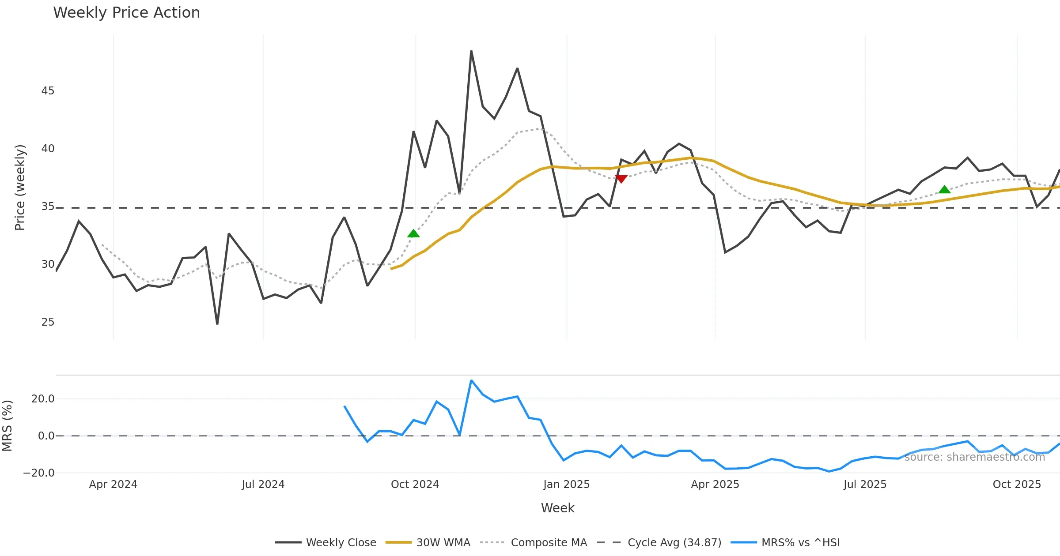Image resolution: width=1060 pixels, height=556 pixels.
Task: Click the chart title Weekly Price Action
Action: click(126, 13)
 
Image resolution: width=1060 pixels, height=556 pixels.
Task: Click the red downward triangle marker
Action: click(621, 179)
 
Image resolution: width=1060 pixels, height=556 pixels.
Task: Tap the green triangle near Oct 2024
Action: click(413, 233)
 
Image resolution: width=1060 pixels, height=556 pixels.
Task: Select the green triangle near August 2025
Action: click(944, 189)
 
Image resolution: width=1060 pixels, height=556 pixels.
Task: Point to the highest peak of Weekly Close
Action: click(471, 51)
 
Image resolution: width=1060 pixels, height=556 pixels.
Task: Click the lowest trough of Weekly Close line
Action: click(217, 324)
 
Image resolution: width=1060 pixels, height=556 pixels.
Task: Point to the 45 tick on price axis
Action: click(48, 91)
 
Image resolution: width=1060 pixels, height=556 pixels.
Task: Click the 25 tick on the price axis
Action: click(48, 322)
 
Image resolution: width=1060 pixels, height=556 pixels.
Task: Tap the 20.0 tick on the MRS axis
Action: click(43, 399)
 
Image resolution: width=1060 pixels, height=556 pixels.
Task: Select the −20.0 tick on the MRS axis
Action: click(39, 473)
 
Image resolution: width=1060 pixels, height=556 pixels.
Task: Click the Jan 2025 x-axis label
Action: click(566, 485)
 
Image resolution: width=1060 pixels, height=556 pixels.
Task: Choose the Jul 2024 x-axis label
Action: click(263, 485)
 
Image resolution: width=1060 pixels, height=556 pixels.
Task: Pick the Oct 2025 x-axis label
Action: click(1017, 485)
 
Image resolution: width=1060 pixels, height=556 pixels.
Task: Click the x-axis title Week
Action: click(557, 508)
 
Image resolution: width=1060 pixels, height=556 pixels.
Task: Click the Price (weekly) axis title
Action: click(20, 188)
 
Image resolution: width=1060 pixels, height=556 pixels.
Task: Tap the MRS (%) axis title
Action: click(7, 426)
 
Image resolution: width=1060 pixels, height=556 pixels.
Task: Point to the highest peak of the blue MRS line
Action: click(471, 380)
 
